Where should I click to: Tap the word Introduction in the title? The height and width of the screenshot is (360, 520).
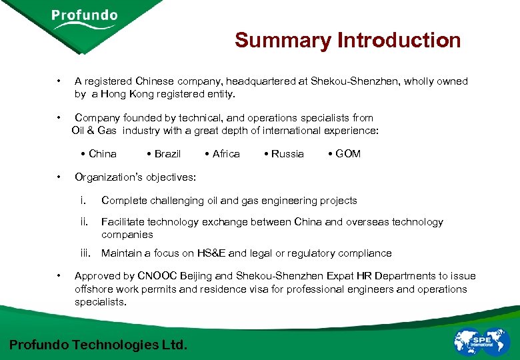(x=399, y=40)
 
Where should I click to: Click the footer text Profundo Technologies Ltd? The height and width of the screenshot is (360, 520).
(x=99, y=345)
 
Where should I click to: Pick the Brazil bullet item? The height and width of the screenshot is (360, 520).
(x=164, y=154)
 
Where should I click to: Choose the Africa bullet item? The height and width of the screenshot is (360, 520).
(x=223, y=154)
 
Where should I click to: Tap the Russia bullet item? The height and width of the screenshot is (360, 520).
(x=284, y=154)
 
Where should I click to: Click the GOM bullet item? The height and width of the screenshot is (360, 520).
(x=345, y=154)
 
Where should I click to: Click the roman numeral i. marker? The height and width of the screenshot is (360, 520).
(x=83, y=201)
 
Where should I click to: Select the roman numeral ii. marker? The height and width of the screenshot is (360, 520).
(x=84, y=222)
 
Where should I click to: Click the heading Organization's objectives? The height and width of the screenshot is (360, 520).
(x=135, y=177)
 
